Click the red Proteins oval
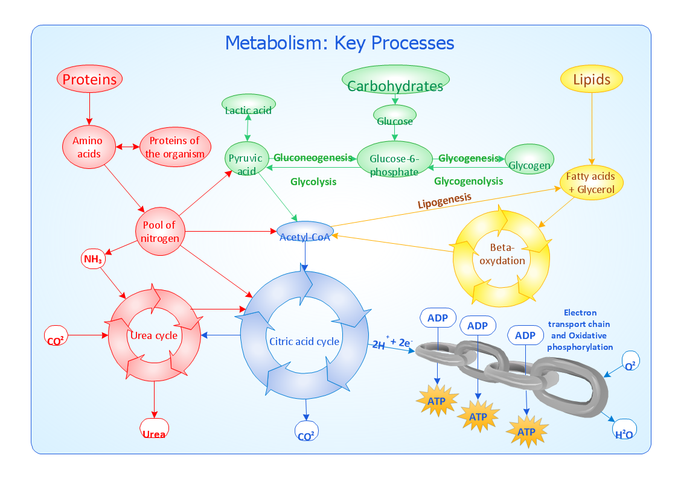coord(89,79)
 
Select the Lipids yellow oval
coord(592,79)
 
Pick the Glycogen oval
coord(529,159)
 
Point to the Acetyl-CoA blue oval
coord(305,232)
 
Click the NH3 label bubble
coord(93,259)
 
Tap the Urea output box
coord(154,429)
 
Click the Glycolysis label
coord(313,181)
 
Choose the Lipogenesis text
coord(444,201)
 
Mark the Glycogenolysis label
coord(469,181)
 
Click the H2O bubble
coord(624,431)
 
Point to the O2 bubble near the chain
coord(630,363)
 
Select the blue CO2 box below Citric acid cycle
coord(306,431)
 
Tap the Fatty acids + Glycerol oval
coord(591,182)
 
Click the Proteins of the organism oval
coord(174,147)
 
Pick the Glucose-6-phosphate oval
coord(394,160)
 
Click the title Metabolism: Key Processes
coord(339,43)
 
